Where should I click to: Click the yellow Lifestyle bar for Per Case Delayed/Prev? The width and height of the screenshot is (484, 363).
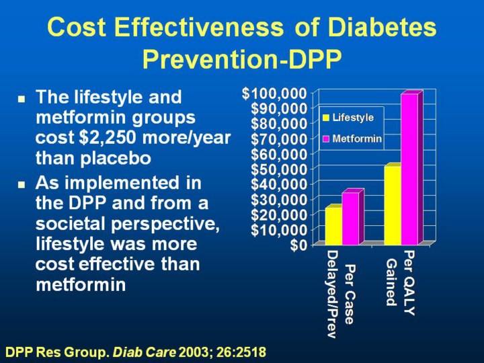(333, 226)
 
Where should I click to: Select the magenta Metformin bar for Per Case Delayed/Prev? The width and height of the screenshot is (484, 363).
(350, 218)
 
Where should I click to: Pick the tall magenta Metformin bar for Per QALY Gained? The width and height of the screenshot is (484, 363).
(409, 169)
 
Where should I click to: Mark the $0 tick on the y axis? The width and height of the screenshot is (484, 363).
(299, 245)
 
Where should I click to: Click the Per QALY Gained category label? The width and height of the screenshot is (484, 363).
(401, 282)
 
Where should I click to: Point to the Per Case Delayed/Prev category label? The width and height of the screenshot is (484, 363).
(340, 294)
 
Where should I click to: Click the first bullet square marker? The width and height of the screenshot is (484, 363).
(22, 98)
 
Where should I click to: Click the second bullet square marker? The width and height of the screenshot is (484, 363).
(22, 184)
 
